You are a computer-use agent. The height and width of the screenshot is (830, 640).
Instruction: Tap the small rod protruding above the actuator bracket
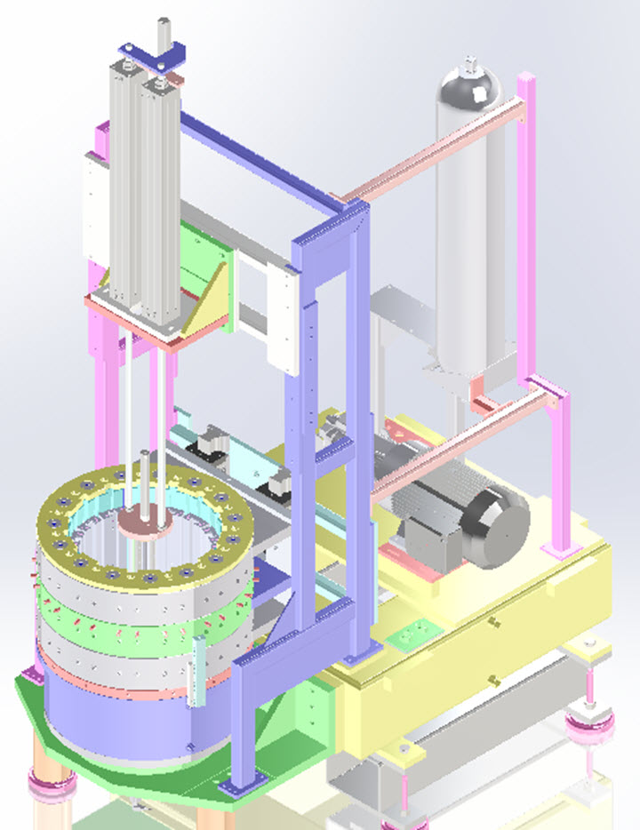[x=163, y=31]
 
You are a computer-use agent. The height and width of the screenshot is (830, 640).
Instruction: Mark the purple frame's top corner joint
[x=353, y=213]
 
